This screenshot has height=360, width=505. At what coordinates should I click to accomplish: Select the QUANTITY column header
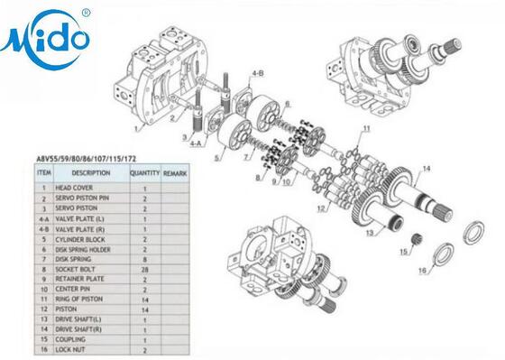[144, 172]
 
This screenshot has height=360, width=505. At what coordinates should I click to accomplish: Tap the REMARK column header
[174, 172]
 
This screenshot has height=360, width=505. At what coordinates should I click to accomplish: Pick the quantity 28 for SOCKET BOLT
[144, 269]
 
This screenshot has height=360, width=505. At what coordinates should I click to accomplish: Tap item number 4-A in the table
[43, 217]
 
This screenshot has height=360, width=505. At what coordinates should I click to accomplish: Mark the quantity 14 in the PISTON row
[144, 309]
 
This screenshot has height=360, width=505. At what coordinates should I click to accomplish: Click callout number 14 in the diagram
[427, 169]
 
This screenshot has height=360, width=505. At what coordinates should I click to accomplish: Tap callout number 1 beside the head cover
[136, 127]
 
